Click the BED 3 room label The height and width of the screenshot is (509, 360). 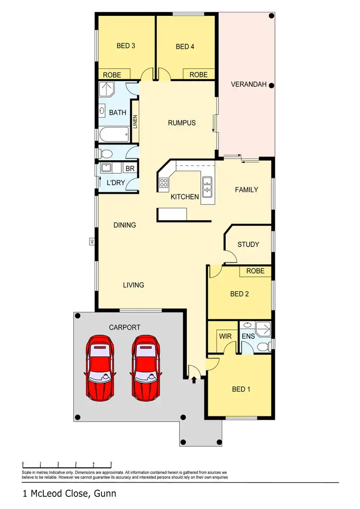point(126,46)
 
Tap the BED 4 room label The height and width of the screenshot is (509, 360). point(185,47)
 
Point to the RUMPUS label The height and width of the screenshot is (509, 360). point(181,123)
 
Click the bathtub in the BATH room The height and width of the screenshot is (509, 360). point(114,134)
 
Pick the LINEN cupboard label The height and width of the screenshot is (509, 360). point(135,122)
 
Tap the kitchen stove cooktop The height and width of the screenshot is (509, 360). point(164,182)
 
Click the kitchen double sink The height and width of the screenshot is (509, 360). point(207,187)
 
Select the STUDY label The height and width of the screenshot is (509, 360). point(248,244)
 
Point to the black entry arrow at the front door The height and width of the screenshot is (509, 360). point(194,380)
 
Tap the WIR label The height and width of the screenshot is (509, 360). point(226,336)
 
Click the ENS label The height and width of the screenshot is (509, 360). point(247,336)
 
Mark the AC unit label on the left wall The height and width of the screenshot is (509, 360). point(91,242)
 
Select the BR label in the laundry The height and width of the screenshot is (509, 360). point(129,169)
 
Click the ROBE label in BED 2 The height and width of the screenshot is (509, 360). point(255,271)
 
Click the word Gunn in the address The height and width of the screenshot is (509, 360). point(106,493)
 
